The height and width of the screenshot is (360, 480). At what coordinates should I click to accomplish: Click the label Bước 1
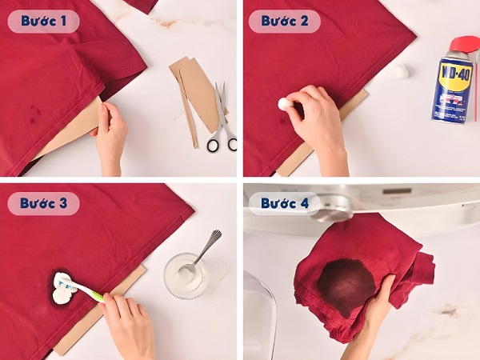click(x=44, y=21)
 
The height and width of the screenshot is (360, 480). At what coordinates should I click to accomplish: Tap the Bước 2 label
click(x=284, y=21)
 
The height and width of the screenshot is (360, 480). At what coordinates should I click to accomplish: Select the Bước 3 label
click(x=44, y=203)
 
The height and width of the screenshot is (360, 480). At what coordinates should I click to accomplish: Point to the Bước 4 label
click(x=284, y=203)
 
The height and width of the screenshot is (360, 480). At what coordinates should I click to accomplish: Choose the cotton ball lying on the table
click(x=400, y=71)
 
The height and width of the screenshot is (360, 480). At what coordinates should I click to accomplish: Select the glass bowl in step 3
click(x=188, y=276)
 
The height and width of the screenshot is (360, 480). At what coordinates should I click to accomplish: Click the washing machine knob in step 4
click(x=333, y=206)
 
